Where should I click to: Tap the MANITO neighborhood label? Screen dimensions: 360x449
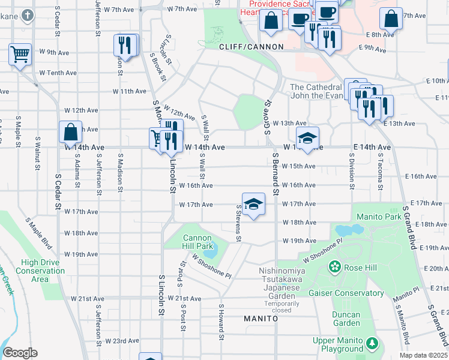(261, 319)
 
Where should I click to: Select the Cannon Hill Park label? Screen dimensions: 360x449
(197, 242)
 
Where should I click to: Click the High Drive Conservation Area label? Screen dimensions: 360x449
(43, 271)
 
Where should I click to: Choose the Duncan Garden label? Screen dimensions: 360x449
(346, 319)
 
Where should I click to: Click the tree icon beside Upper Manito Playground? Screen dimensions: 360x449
(373, 344)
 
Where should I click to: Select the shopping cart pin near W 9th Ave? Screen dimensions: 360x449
(20, 55)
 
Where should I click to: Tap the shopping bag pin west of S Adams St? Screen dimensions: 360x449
(70, 132)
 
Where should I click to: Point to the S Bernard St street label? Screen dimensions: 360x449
(276, 175)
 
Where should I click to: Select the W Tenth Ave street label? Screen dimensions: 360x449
(58, 73)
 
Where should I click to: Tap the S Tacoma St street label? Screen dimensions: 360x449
(380, 171)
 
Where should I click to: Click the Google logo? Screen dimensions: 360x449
(20, 353)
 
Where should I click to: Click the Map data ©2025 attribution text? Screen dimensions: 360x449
(415, 355)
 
